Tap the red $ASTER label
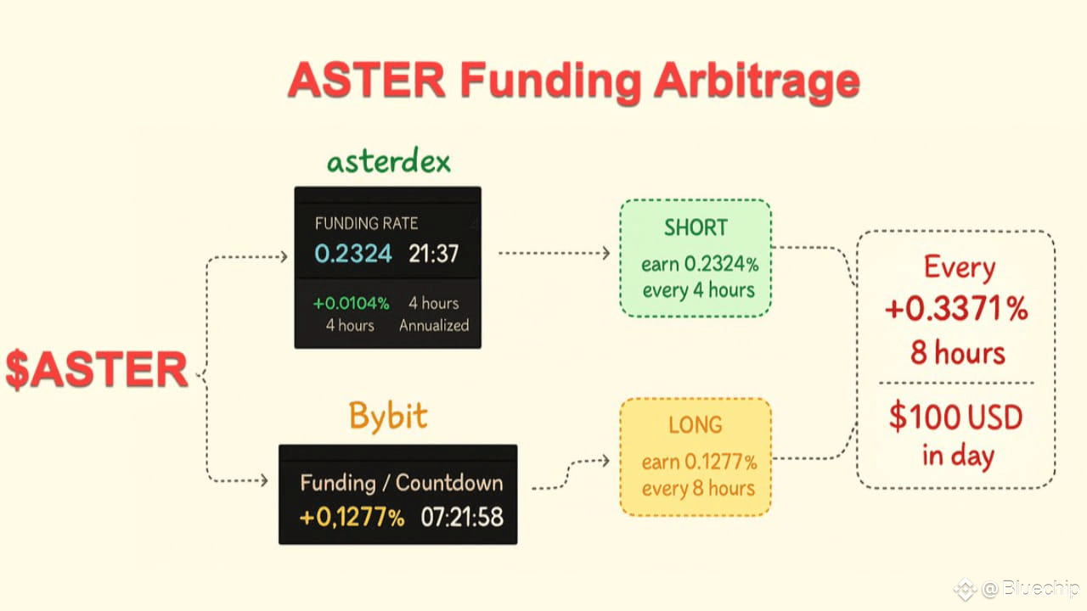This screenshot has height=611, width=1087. [x=97, y=370]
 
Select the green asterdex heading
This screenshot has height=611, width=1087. [x=388, y=161]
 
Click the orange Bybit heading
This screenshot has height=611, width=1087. [x=388, y=417]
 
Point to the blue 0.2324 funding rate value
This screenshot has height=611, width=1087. [x=353, y=253]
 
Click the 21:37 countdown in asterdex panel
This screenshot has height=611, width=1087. [x=433, y=253]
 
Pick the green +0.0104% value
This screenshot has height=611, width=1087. [x=351, y=303]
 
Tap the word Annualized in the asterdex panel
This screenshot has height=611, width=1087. [x=433, y=325]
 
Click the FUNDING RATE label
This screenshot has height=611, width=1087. [x=366, y=223]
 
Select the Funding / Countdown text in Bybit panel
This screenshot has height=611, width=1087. [x=401, y=483]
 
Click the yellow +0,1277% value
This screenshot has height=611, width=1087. [x=352, y=516]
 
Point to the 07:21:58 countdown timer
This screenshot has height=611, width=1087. [x=462, y=516]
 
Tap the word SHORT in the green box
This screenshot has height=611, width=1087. [x=696, y=227]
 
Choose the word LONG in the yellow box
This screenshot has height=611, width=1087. [x=696, y=424]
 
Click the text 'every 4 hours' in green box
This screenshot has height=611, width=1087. [x=698, y=290]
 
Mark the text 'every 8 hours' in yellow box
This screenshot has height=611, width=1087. [x=698, y=488]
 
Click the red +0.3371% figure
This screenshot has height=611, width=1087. [x=956, y=310]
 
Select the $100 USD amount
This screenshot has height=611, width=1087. [x=956, y=418]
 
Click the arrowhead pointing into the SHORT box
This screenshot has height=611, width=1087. [x=605, y=253]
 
